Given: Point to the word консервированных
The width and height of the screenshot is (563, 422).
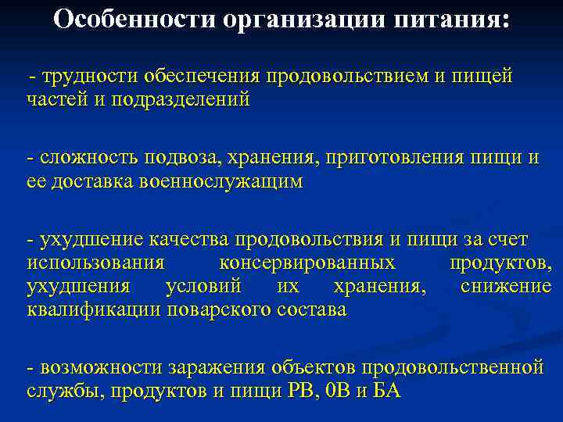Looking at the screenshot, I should pos(307,263).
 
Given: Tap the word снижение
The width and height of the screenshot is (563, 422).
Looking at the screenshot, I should pos(506,286).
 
